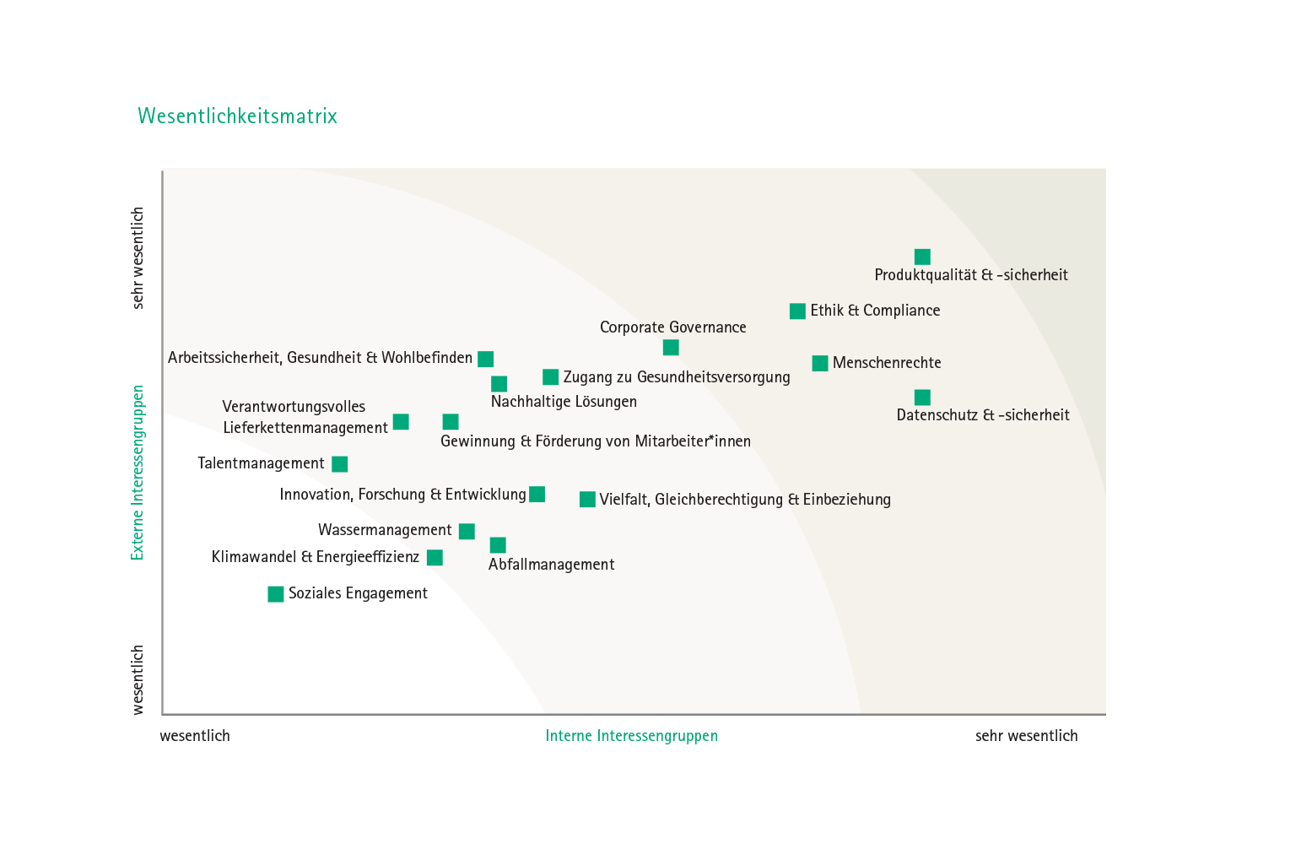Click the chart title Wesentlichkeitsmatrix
(x=237, y=116)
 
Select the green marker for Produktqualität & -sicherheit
(x=922, y=257)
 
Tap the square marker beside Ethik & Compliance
(x=797, y=311)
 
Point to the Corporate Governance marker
(x=671, y=348)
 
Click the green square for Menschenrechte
(x=820, y=363)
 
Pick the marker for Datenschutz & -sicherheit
(x=922, y=398)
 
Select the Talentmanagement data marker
(x=340, y=464)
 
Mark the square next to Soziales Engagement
(x=276, y=594)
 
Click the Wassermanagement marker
(x=467, y=531)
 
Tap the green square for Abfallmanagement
(x=498, y=545)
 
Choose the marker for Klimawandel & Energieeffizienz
(x=435, y=558)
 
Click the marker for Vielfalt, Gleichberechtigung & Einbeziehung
(x=587, y=499)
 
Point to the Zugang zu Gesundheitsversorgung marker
(x=551, y=376)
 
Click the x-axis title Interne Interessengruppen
(x=631, y=736)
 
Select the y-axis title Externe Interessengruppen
(x=137, y=473)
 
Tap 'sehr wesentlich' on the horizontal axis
(x=1026, y=736)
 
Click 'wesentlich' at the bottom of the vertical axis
(x=137, y=680)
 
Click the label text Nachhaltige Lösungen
(x=564, y=402)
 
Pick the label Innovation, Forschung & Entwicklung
(x=403, y=495)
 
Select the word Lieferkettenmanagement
(x=305, y=428)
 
